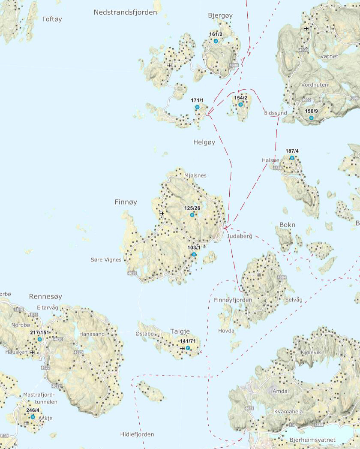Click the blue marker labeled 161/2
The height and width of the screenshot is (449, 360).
pos(216,41)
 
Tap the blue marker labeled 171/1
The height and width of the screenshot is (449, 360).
pos(197,107)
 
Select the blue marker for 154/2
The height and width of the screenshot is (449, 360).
pos(240,105)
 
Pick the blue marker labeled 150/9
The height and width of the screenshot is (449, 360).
pos(311,118)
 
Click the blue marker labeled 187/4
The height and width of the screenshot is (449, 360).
pos(292,158)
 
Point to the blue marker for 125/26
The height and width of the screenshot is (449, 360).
pos(192,215)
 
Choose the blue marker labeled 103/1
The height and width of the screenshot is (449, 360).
pos(194,254)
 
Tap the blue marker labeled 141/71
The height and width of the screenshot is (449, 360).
pos(188,348)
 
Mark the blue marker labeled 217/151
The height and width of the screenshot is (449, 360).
pos(39,339)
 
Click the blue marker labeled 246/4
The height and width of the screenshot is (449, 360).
pos(33,417)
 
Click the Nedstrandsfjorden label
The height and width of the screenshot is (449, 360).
pos(125,12)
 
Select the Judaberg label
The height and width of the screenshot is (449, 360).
pos(240,236)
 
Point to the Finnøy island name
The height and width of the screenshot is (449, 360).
pos(126,202)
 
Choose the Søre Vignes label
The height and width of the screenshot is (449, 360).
pos(106,260)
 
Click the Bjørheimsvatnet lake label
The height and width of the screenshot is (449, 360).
pos(312,440)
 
